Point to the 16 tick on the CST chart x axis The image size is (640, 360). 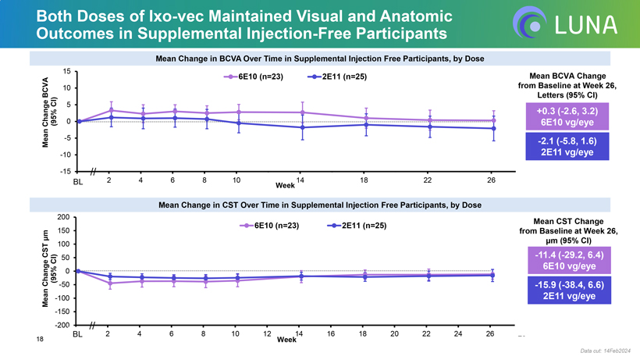point(331,334)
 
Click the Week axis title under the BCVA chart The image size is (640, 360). point(285,186)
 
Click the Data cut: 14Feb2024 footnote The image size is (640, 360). point(607,353)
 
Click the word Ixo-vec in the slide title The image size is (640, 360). point(157,16)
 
